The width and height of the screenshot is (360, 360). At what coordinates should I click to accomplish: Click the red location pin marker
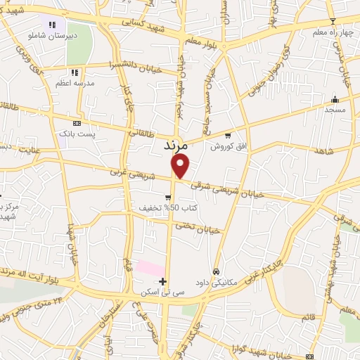(x=181, y=166)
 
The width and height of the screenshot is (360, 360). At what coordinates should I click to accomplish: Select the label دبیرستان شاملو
(x=48, y=34)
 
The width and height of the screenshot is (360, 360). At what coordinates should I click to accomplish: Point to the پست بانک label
(x=76, y=132)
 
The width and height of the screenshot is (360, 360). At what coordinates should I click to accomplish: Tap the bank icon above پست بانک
(x=77, y=122)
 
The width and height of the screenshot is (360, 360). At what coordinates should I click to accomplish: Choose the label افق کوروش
(x=226, y=146)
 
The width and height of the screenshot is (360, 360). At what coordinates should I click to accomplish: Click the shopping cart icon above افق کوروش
(x=227, y=136)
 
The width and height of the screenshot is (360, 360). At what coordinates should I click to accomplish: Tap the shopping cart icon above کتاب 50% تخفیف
(x=167, y=198)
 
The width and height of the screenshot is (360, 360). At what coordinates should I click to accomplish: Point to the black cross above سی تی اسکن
(x=163, y=282)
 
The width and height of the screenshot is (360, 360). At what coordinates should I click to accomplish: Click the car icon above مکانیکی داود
(x=217, y=272)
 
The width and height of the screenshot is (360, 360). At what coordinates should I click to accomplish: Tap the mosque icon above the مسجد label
(x=335, y=99)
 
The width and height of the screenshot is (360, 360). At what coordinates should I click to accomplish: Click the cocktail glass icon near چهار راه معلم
(x=333, y=21)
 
